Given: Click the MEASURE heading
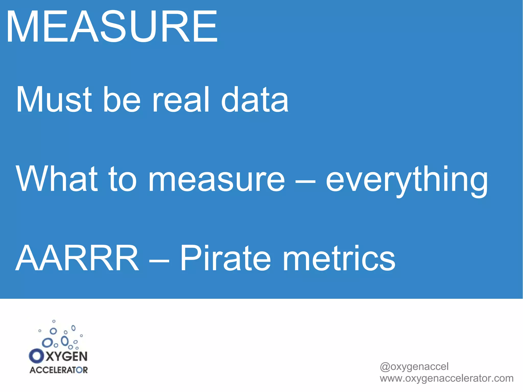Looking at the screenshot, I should (112, 27).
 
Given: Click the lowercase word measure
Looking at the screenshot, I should (217, 179).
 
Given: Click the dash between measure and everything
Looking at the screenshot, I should (305, 182).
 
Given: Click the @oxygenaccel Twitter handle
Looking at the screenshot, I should (414, 367).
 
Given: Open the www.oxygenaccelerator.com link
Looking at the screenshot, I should (446, 378).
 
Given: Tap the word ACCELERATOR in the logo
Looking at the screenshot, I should (58, 370).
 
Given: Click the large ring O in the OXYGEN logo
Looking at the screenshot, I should (36, 356).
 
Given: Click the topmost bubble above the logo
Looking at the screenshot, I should (54, 321).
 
